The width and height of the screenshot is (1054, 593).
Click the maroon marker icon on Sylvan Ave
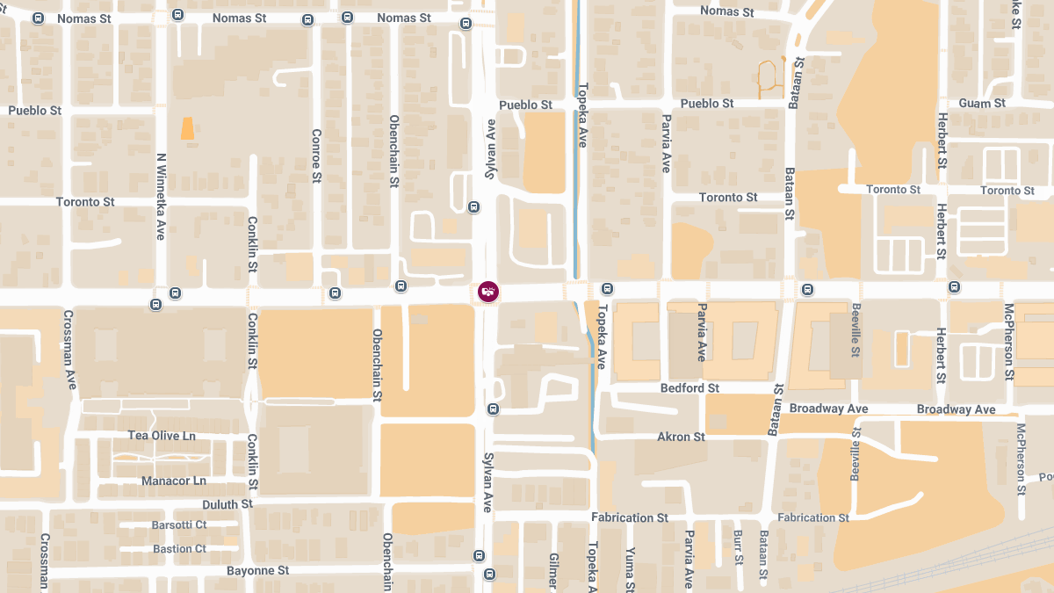(x=488, y=291)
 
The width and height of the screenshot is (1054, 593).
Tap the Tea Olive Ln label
(x=162, y=436)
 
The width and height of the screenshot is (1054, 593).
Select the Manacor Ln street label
(x=174, y=481)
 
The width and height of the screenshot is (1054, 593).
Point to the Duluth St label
(x=227, y=504)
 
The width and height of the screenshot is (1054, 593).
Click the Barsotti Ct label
(x=179, y=524)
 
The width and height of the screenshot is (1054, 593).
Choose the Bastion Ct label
(x=179, y=549)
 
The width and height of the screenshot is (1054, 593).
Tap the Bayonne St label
(x=258, y=570)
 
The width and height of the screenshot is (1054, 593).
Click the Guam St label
(x=982, y=104)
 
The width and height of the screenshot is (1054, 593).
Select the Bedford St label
(x=689, y=387)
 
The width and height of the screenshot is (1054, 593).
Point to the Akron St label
(x=681, y=437)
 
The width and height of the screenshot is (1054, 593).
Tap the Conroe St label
(x=316, y=155)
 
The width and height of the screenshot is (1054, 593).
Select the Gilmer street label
(x=553, y=571)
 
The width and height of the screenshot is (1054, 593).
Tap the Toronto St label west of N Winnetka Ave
(x=85, y=202)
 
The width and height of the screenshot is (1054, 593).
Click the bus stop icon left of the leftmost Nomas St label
(x=38, y=18)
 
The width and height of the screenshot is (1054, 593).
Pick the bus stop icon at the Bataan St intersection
(x=807, y=289)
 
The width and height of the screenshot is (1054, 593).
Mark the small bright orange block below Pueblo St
(x=187, y=128)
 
